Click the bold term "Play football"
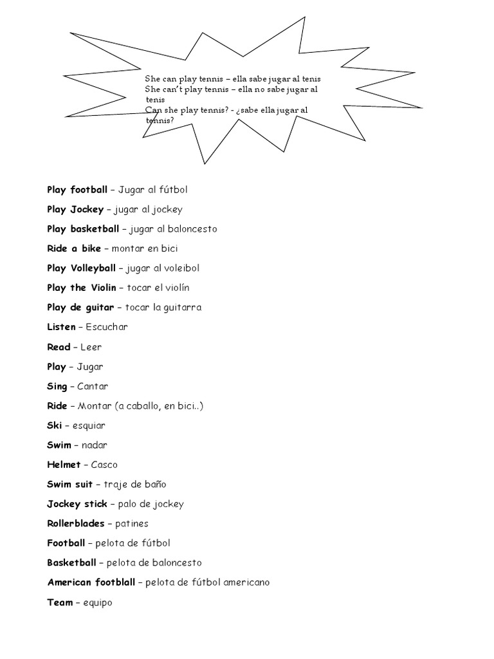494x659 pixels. (77, 190)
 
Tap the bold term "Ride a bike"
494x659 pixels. (74, 248)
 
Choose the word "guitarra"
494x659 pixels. (182, 308)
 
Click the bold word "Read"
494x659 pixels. (59, 347)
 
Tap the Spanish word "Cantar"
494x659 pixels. (93, 386)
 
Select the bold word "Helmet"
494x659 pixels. (64, 465)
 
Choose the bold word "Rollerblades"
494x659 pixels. (75, 524)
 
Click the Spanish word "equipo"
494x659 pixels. (98, 603)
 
